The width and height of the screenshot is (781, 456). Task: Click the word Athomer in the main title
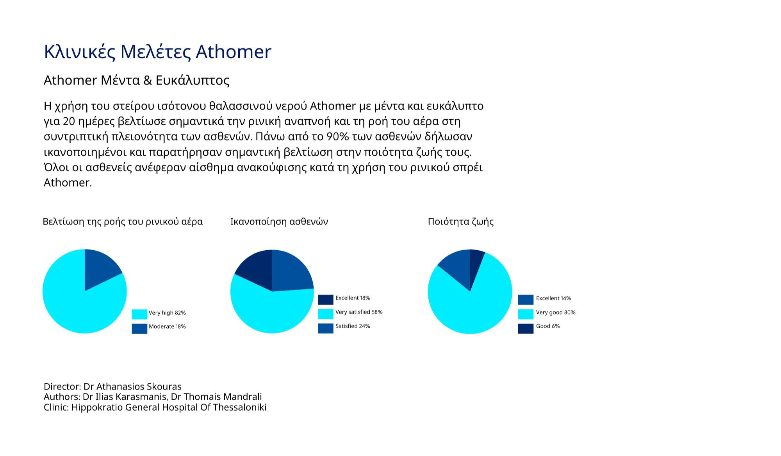tap(233, 52)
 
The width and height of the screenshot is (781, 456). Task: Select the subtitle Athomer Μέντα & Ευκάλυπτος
tap(136, 80)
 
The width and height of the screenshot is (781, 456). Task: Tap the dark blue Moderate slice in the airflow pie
tap(100, 269)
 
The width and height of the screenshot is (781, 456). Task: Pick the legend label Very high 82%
tap(167, 313)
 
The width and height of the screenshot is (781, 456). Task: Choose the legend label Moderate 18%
tap(167, 327)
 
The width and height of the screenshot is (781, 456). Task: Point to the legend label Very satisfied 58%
tap(359, 312)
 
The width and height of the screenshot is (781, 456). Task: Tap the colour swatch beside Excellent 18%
tap(326, 300)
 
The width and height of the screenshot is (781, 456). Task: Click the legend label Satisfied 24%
tap(353, 326)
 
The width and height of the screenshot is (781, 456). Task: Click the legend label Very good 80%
tap(556, 312)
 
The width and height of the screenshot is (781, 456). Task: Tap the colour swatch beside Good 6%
tap(526, 329)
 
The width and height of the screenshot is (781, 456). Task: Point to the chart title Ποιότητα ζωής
tap(461, 222)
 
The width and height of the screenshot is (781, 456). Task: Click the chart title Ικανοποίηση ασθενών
tap(279, 222)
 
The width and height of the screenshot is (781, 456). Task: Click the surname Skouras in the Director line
tap(164, 386)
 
